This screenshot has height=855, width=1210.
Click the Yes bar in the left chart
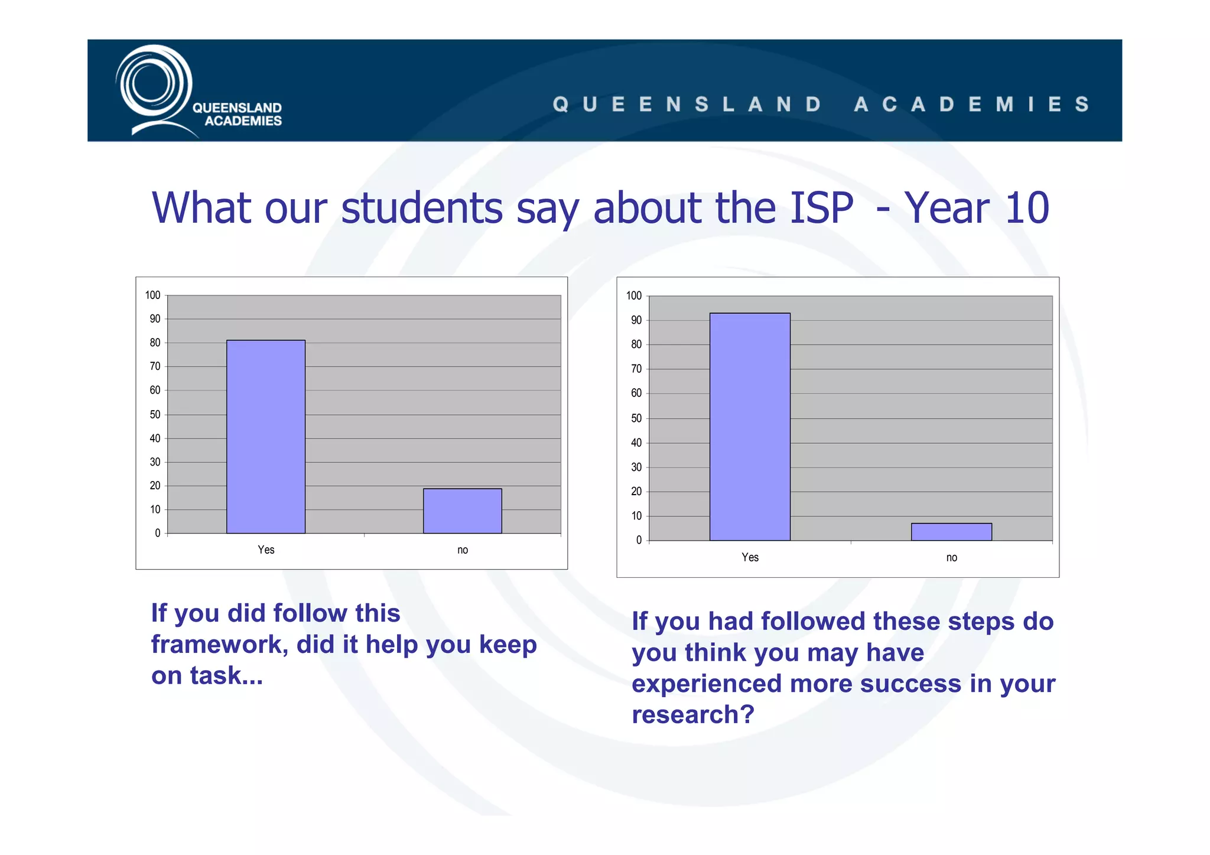click(x=266, y=437)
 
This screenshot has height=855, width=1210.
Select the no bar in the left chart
click(x=462, y=511)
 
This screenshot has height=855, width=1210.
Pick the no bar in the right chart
click(x=951, y=532)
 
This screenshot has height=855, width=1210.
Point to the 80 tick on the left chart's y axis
click(x=155, y=343)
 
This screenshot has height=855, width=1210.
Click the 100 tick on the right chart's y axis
click(x=633, y=295)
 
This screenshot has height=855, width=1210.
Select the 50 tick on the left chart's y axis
click(x=155, y=414)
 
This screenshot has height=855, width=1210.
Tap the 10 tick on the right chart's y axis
click(x=636, y=516)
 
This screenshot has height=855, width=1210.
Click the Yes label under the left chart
click(x=266, y=550)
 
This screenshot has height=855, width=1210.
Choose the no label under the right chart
click(x=951, y=557)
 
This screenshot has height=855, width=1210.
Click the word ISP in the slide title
click(x=821, y=208)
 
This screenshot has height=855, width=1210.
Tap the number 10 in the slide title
click(x=1027, y=208)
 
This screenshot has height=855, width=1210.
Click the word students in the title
click(x=422, y=208)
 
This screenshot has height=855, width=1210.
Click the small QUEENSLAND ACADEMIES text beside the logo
click(x=238, y=114)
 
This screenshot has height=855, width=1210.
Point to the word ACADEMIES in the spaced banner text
click(x=972, y=105)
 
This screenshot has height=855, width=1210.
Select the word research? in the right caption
click(x=693, y=714)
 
